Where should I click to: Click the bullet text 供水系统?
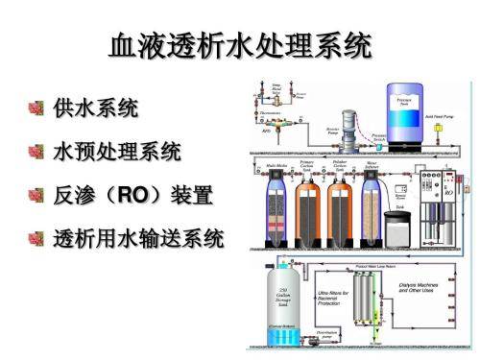94,108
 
